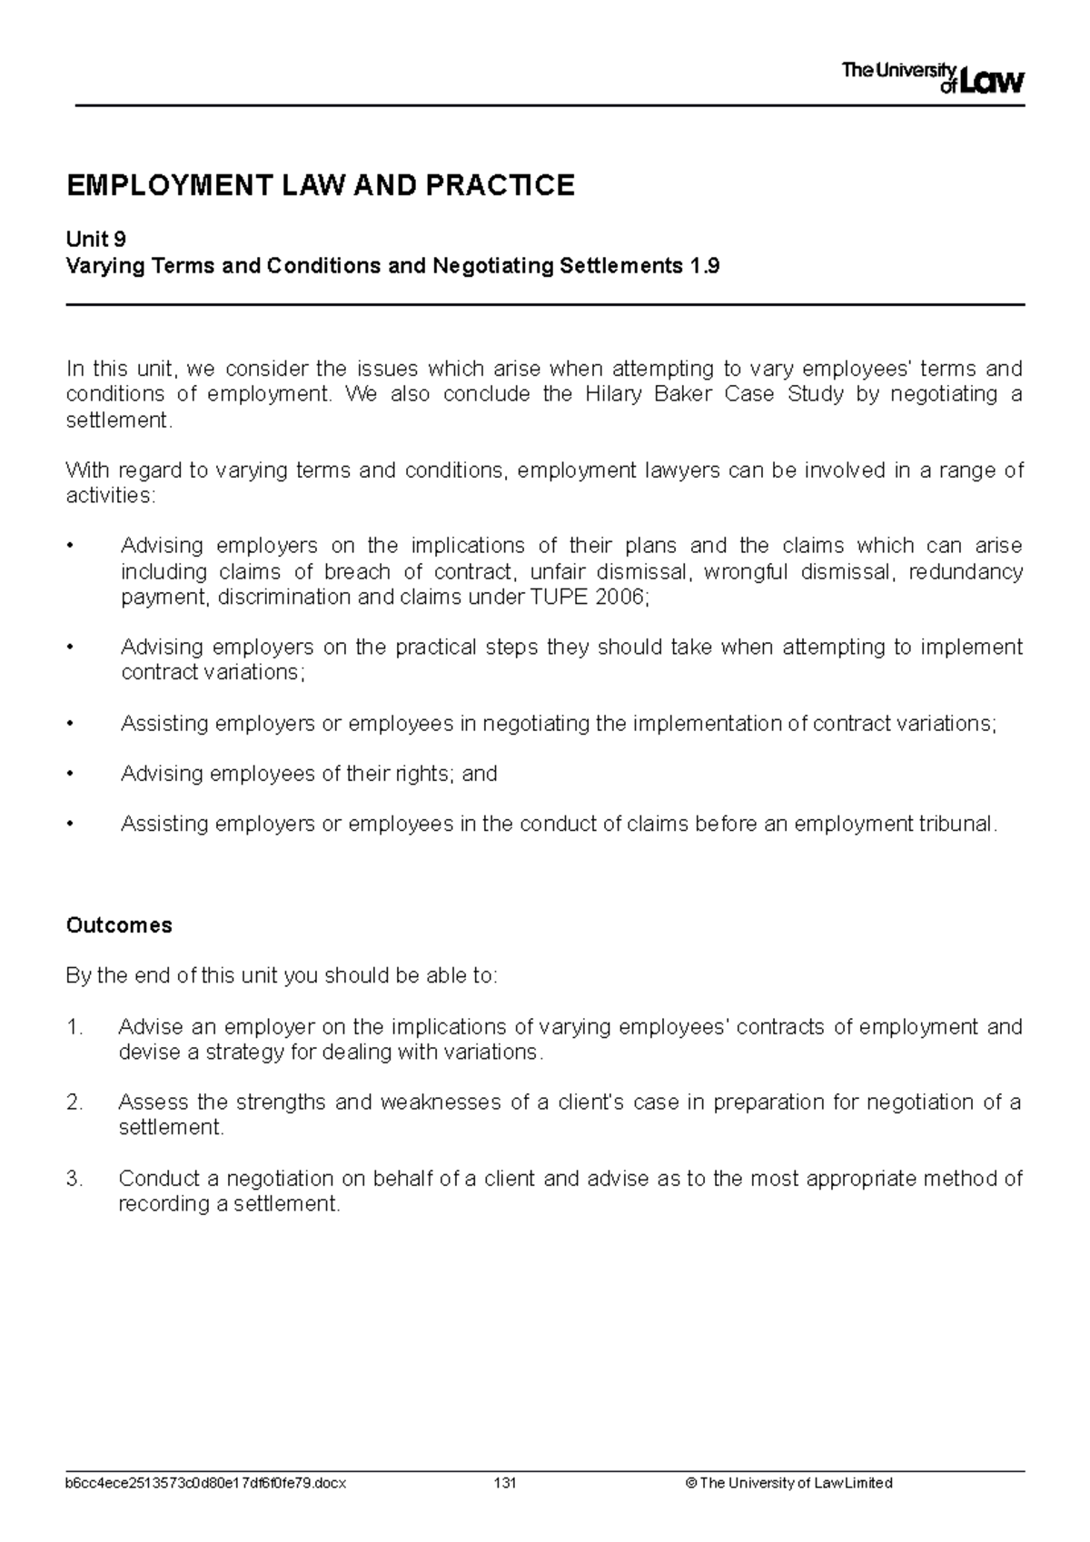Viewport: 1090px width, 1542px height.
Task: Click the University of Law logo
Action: [x=933, y=78]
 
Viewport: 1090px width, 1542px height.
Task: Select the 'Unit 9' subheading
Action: [x=95, y=240]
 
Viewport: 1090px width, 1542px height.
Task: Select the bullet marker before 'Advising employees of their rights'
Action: [x=71, y=774]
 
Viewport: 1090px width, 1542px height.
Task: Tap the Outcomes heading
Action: [x=119, y=925]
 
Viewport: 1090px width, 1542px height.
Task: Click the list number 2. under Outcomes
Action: [x=74, y=1102]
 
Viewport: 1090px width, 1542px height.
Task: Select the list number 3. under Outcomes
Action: [x=74, y=1179]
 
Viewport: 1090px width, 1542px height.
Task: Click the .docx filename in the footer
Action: [x=205, y=1483]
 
